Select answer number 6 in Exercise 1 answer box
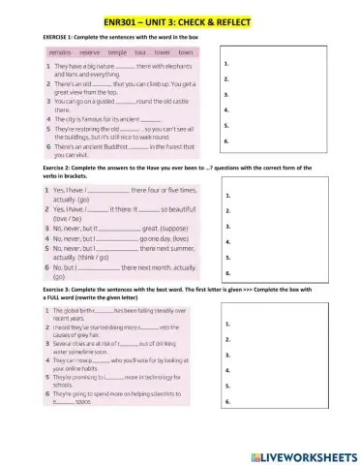pyautogui.click(x=225, y=141)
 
